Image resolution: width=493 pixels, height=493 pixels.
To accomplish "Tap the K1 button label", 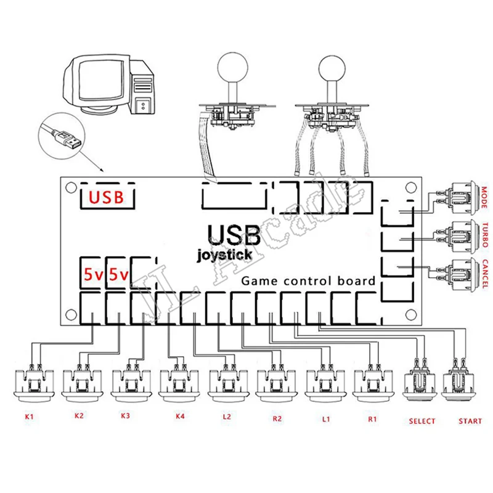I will [29, 417].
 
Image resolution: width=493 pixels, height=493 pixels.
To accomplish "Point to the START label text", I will [471, 422].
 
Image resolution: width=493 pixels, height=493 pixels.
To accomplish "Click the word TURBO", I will [485, 236].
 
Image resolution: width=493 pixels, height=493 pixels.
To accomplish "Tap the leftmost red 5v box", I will [93, 274].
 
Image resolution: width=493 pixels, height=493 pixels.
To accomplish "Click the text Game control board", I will [308, 281].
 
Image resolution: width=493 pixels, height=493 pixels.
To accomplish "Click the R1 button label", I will [372, 418].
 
